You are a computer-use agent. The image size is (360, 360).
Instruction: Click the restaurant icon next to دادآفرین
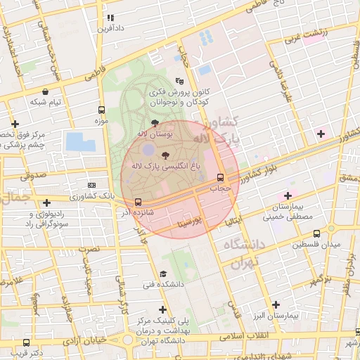pos(110,18)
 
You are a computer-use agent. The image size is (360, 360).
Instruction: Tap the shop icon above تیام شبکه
pos(46,91)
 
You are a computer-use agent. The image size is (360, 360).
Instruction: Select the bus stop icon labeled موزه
pos(103,110)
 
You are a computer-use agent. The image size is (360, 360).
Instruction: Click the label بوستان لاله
pos(152,133)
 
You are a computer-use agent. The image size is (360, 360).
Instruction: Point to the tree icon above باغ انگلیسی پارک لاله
pos(165,155)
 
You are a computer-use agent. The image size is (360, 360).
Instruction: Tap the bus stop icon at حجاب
pos(221,177)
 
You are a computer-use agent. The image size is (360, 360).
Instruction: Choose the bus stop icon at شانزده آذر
pos(138,202)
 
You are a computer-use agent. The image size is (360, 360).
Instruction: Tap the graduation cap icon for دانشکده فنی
pos(164,274)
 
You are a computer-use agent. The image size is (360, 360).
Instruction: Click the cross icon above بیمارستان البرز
pos(276,304)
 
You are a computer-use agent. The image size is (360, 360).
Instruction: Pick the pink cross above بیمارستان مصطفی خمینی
pos(287,195)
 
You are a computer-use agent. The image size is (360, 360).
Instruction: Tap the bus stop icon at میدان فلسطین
pos(316,233)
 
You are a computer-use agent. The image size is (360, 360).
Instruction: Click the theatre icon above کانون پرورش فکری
pos(179,81)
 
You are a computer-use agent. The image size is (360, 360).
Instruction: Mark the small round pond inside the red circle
pos(148,150)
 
